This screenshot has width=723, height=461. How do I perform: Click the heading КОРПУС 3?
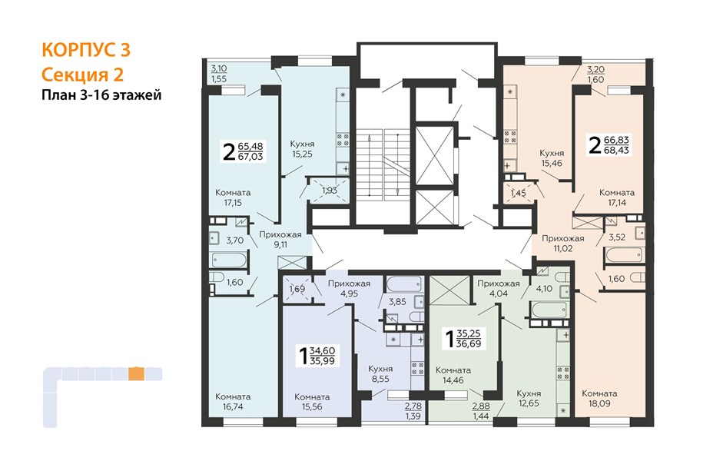coord(86,50)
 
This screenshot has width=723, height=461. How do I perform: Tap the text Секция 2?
coord(82,75)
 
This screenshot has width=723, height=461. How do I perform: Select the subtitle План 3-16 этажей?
coord(101,95)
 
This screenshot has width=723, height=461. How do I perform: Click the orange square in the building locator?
coord(136,373)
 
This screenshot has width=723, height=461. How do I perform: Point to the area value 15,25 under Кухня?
coord(302,154)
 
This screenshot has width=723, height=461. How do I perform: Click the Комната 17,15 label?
coord(233,197)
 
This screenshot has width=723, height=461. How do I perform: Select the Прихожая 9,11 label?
coord(280,239)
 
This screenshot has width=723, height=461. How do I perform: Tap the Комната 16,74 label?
coord(233,402)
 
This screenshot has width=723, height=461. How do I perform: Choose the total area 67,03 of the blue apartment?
coord(250,157)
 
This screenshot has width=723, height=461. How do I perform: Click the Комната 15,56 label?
coord(312,402)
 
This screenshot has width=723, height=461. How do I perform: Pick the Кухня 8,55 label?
coord(380,374)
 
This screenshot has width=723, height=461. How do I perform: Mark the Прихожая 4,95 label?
coord(349,289)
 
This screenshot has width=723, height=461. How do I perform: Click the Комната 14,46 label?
coord(453,375)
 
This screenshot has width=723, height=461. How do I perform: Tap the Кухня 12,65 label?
coord(529,398)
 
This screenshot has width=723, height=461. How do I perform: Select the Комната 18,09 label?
coord(599,398)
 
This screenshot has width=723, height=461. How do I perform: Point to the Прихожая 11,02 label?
coord(563,244)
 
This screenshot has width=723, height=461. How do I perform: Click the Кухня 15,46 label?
coord(552,158)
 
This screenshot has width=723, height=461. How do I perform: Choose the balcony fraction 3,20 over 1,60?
coord(595,75)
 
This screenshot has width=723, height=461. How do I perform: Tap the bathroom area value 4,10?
coord(544,289)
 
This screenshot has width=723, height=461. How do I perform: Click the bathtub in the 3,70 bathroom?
coord(229,260)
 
